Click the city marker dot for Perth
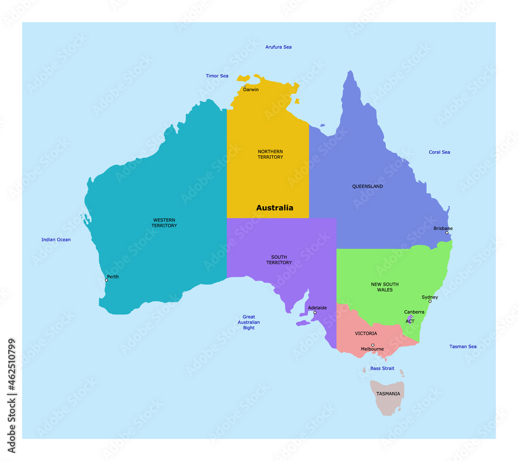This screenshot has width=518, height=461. click(x=107, y=280)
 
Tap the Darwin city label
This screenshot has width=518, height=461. click(x=251, y=90)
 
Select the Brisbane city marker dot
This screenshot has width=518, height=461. click(x=447, y=233)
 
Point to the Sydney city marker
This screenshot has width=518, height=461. click(x=430, y=301)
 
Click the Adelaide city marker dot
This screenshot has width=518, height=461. click(x=315, y=312)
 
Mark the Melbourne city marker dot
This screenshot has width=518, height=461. click(x=373, y=345)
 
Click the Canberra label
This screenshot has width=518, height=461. click(x=414, y=312)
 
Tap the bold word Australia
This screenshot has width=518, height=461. click(x=275, y=208)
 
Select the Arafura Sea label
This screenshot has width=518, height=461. click(x=279, y=47)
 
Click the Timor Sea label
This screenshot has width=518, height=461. click(x=217, y=76)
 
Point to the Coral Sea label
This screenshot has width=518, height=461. click(x=439, y=152)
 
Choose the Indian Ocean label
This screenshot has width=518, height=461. click(x=56, y=240)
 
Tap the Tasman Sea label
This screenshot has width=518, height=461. click(x=463, y=347)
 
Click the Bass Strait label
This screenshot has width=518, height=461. click(x=382, y=369)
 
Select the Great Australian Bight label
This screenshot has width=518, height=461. click(x=249, y=322)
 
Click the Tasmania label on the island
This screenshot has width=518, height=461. click(x=388, y=394)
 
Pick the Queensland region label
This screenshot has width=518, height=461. click(x=368, y=186)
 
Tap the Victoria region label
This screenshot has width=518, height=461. click(x=366, y=334)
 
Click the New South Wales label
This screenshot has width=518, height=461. click(x=385, y=287)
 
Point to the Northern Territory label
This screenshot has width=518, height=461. click(x=270, y=154)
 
